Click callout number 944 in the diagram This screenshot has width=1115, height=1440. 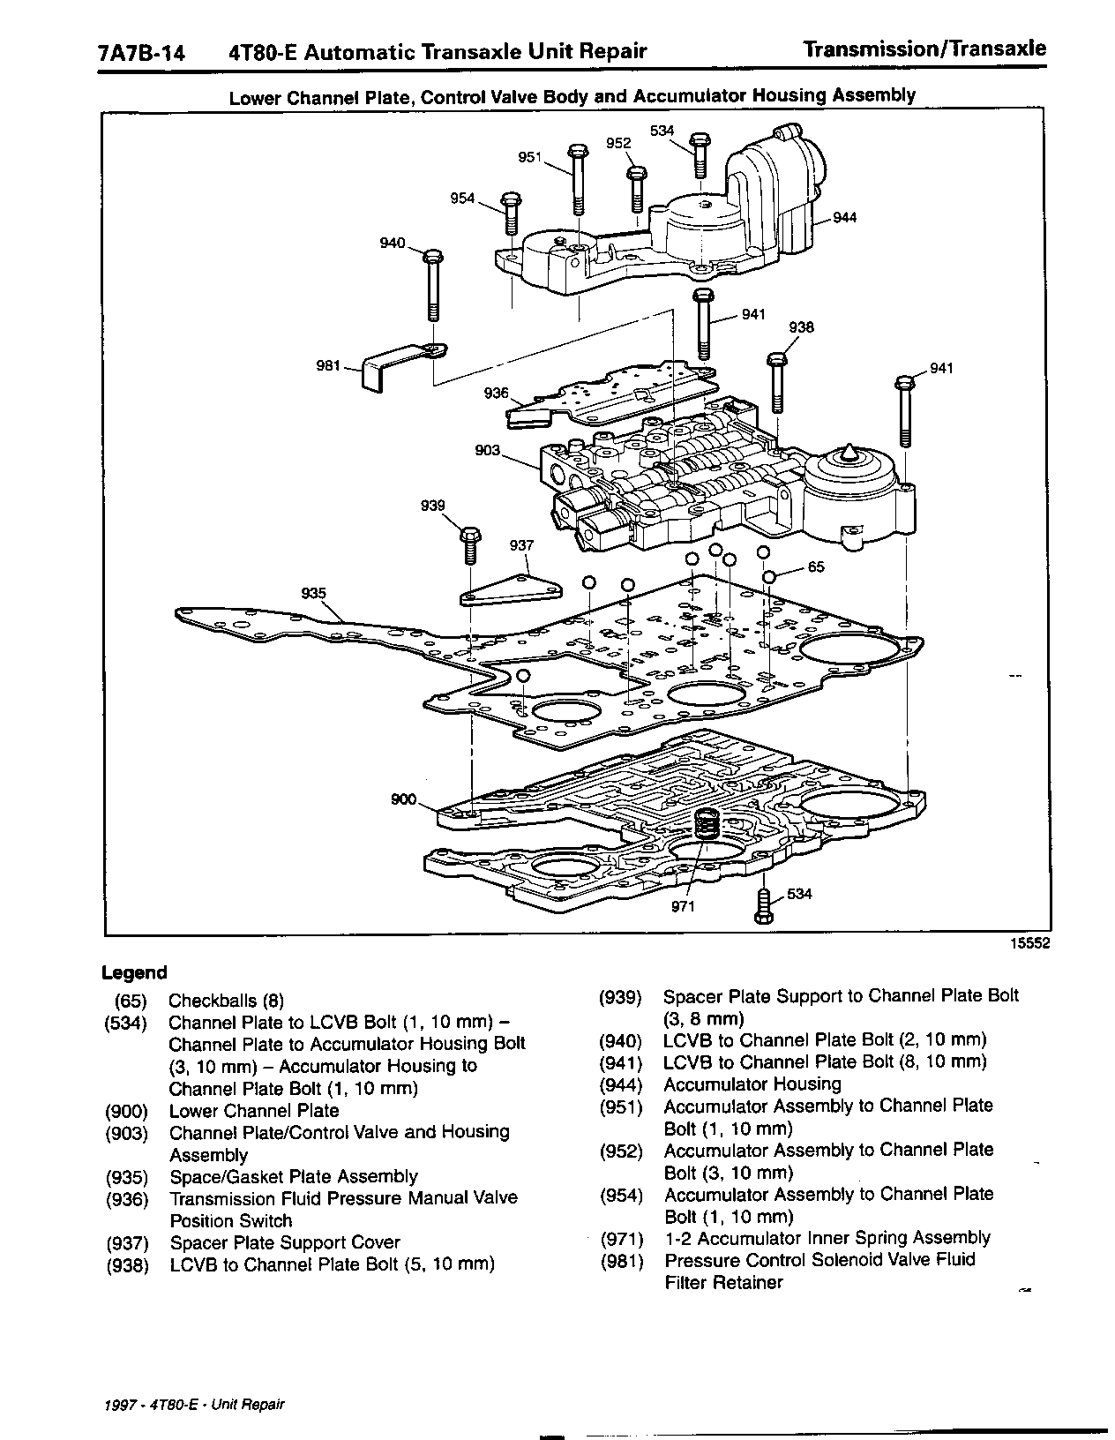pyautogui.click(x=844, y=218)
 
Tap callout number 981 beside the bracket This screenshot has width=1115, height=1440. pyautogui.click(x=328, y=365)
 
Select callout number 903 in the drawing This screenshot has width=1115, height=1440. pyautogui.click(x=487, y=451)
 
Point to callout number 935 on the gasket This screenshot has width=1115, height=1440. pyautogui.click(x=313, y=594)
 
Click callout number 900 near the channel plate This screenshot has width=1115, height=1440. pyautogui.click(x=404, y=799)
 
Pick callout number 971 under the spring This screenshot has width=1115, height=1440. pyautogui.click(x=683, y=906)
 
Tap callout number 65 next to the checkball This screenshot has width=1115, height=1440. pyautogui.click(x=816, y=566)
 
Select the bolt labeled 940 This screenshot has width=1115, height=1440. pyautogui.click(x=432, y=287)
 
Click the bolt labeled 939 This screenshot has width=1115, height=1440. pyautogui.click(x=469, y=544)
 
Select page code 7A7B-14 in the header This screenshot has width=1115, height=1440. pyautogui.click(x=142, y=53)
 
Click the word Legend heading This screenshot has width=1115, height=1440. pyautogui.click(x=134, y=972)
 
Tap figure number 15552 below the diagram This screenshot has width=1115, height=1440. pyautogui.click(x=1029, y=943)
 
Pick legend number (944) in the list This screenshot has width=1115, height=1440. pyautogui.click(x=620, y=1084)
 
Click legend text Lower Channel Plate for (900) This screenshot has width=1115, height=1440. pyautogui.click(x=254, y=1111)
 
